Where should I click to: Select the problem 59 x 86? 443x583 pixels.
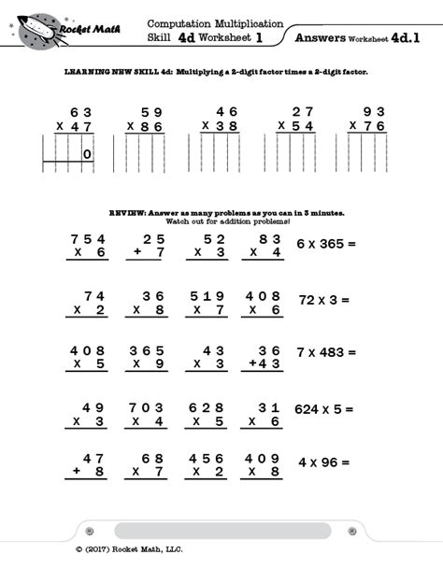pos(146,119)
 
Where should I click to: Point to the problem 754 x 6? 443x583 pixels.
pos(89,246)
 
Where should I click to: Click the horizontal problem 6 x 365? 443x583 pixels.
pos(327,244)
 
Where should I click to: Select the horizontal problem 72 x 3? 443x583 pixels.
pos(323,301)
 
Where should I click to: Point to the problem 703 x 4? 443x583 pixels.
pos(148,413)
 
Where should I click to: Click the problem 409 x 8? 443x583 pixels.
pos(264,465)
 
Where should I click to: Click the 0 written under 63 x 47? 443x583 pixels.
pos(87,156)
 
